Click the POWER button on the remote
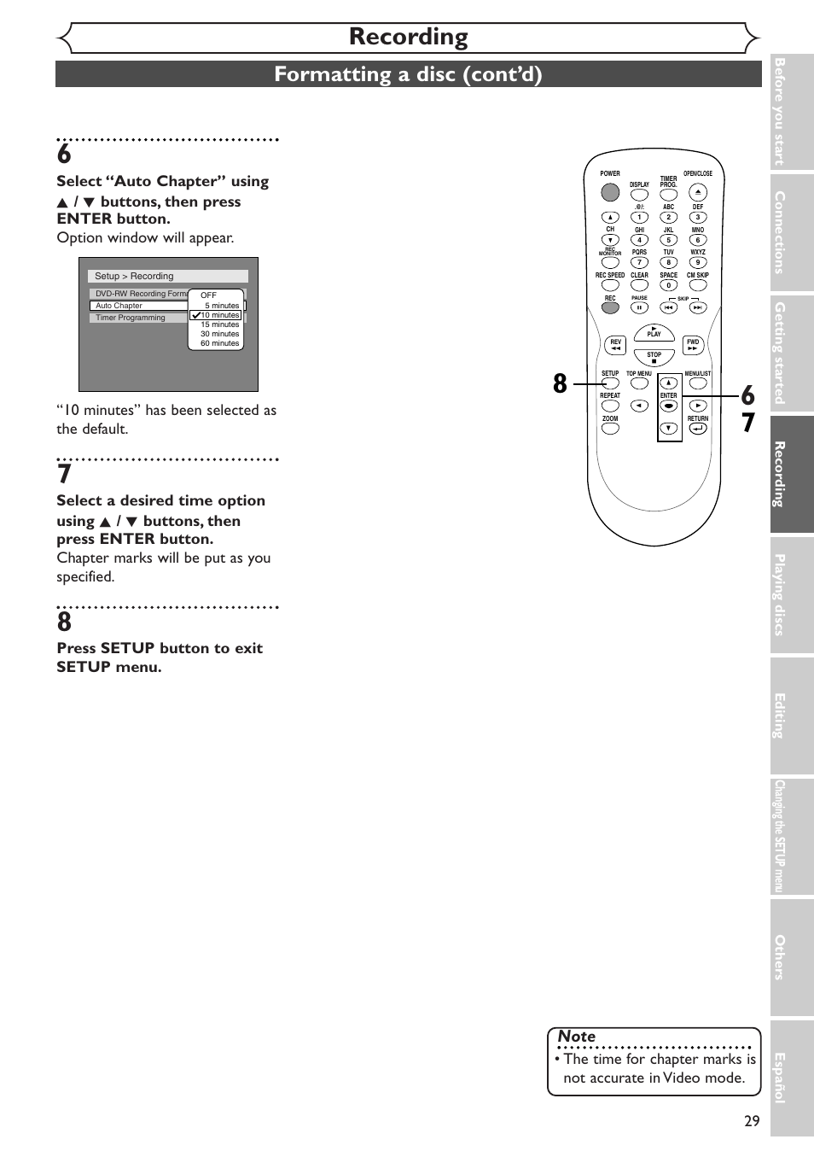[610, 192]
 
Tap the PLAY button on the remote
[654, 333]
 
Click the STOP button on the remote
[654, 359]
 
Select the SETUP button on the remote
[610, 383]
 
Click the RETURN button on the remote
[698, 429]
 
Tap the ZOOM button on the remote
[610, 429]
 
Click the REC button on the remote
[610, 307]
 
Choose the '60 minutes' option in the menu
[219, 343]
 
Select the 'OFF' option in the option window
[209, 295]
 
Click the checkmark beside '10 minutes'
[195, 315]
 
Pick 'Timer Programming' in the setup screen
[131, 318]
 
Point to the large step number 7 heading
[64, 474]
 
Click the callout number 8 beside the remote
[560, 384]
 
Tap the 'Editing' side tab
[780, 716]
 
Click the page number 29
[751, 1121]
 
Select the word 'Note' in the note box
[577, 1036]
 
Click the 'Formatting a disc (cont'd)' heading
[408, 74]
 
